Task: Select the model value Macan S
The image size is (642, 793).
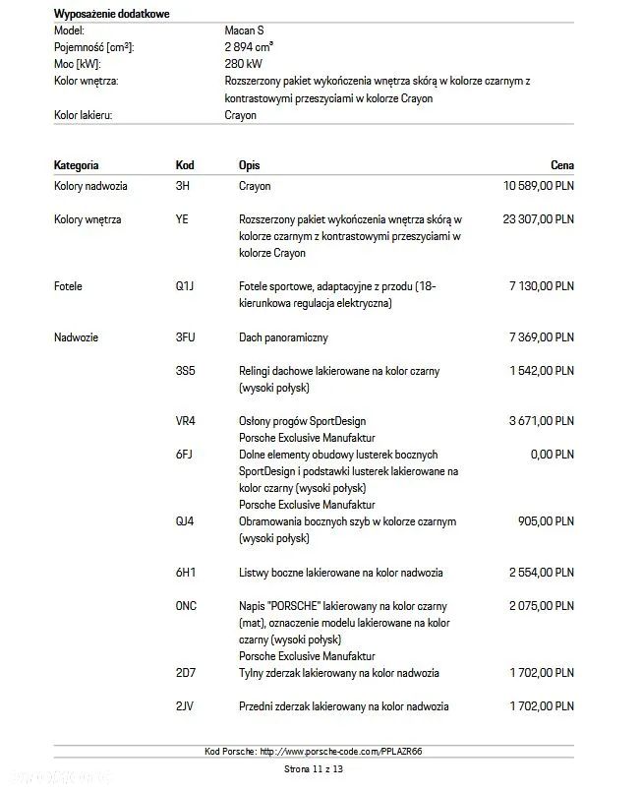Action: (x=244, y=30)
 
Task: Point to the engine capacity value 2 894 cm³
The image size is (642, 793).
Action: (x=249, y=47)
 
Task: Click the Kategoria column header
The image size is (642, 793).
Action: (x=76, y=165)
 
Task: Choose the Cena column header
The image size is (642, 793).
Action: (x=562, y=165)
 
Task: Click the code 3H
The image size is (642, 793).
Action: (x=182, y=186)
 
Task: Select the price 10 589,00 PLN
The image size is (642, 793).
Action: (x=538, y=186)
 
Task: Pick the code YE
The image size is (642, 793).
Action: (x=182, y=219)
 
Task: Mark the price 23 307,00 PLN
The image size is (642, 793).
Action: (x=538, y=219)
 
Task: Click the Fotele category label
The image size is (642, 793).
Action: (x=68, y=286)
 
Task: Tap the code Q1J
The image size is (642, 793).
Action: (x=185, y=286)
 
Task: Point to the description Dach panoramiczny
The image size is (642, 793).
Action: (x=283, y=337)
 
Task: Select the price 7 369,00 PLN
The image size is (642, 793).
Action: (x=541, y=337)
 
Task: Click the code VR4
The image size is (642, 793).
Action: (x=185, y=421)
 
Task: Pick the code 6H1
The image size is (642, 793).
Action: (x=185, y=573)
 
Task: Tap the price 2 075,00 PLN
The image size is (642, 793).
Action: (x=541, y=606)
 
